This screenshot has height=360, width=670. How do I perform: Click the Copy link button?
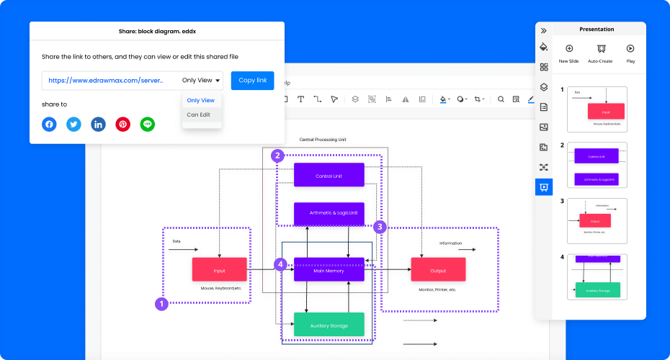point(252,81)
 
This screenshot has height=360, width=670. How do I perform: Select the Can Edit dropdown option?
point(199,114)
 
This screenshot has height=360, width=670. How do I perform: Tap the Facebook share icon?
point(49,125)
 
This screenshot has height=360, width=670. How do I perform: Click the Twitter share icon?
point(73,125)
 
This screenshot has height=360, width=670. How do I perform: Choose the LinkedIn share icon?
point(98,125)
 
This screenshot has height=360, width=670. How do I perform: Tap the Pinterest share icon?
point(123,125)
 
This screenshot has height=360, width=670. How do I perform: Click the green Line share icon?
point(148,125)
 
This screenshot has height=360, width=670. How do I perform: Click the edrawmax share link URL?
point(106,81)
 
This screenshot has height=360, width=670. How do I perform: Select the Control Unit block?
point(329,176)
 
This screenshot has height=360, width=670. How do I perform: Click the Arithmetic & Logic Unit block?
point(329,213)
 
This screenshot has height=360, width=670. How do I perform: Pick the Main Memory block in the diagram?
point(329,270)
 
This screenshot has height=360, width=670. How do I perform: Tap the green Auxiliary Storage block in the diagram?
point(329,325)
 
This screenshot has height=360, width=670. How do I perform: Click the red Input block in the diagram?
point(219,270)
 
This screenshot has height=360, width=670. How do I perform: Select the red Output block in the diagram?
point(438,270)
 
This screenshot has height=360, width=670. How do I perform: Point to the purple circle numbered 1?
point(162,304)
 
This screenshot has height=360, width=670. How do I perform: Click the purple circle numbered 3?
point(380,227)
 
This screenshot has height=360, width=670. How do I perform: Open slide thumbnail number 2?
point(597,165)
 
